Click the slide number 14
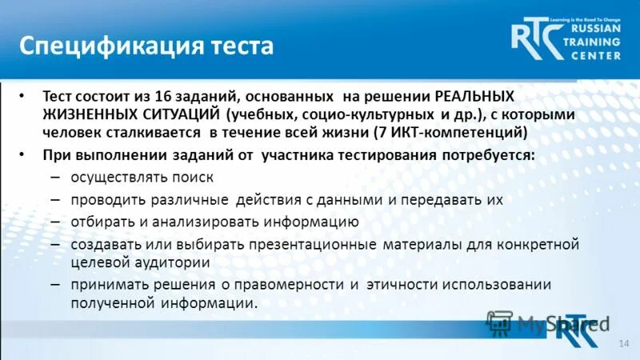pyautogui.click(x=625, y=343)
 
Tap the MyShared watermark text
pyautogui.click(x=561, y=324)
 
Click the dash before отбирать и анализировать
pyautogui.click(x=55, y=222)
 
